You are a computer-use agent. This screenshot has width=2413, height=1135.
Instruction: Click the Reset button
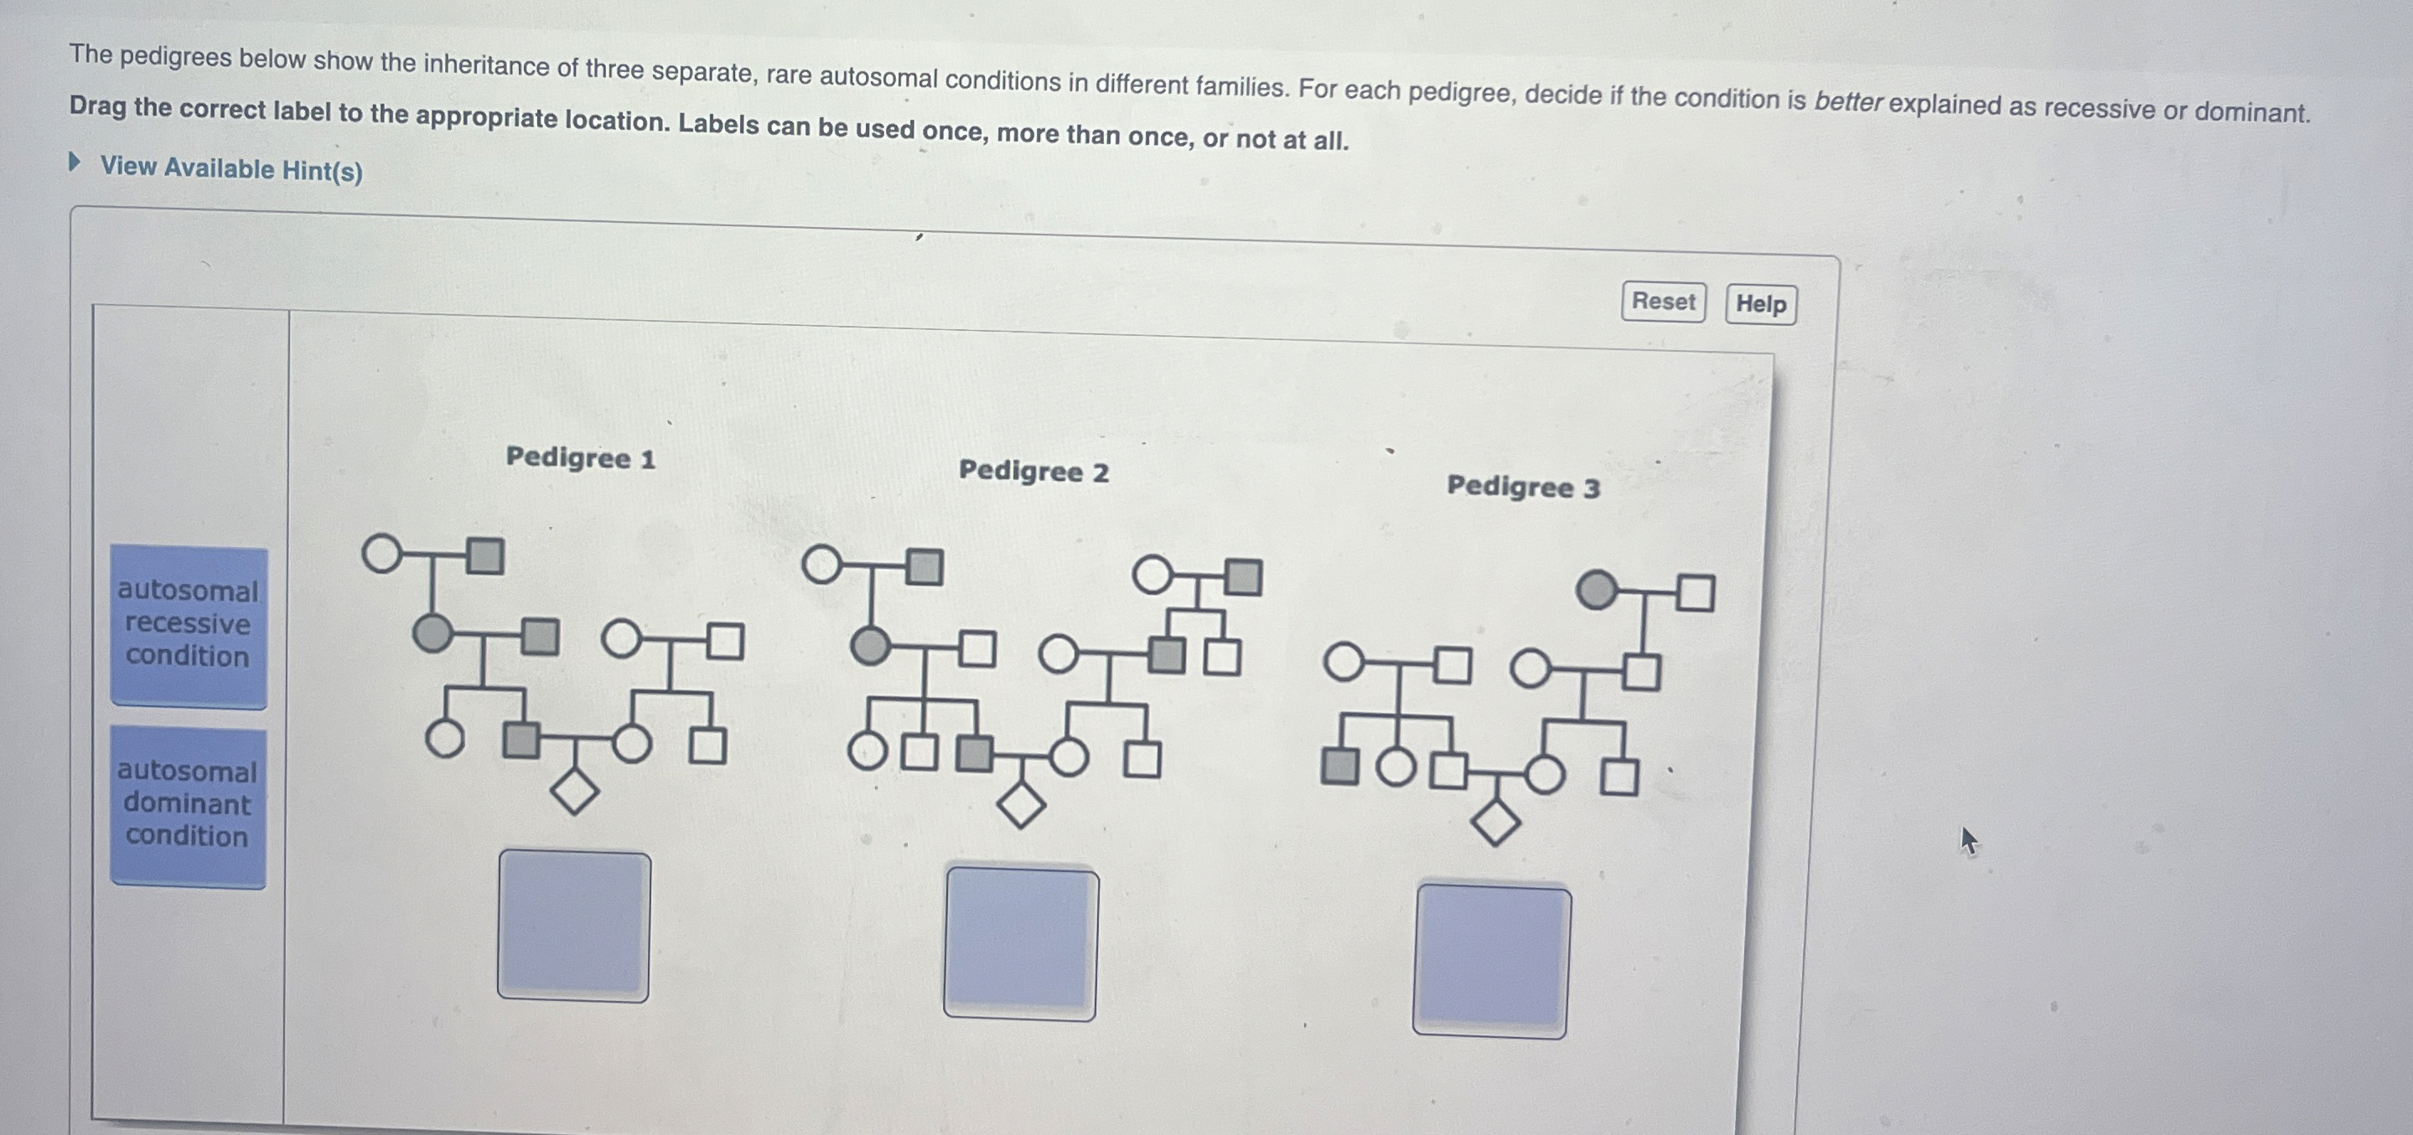click(x=1663, y=302)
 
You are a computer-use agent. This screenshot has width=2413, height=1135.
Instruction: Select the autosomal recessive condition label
click(x=189, y=625)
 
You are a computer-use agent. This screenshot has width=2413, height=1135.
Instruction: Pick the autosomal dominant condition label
click(x=189, y=804)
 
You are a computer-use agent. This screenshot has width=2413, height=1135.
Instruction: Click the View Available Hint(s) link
click(x=230, y=168)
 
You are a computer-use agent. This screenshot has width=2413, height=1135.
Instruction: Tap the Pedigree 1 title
click(x=580, y=458)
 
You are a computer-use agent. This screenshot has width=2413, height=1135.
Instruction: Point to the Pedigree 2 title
click(x=1033, y=471)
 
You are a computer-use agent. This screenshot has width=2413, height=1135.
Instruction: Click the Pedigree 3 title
click(x=1523, y=487)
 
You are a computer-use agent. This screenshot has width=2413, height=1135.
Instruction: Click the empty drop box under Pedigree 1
click(x=573, y=926)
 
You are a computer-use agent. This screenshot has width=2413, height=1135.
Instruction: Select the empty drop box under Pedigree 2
click(x=1020, y=942)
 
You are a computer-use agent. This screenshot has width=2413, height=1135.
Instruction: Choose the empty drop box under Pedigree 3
click(x=1491, y=961)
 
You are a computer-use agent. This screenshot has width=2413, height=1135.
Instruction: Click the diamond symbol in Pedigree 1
click(x=574, y=792)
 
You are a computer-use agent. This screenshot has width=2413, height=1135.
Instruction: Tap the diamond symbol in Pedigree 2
click(x=1020, y=804)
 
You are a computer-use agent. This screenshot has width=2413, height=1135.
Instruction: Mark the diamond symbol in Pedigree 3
click(x=1495, y=823)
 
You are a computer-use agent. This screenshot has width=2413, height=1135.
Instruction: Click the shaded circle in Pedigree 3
click(x=1596, y=590)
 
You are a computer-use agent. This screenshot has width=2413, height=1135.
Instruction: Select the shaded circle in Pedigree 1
click(x=432, y=634)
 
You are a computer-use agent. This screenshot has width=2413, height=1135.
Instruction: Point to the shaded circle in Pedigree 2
click(x=870, y=646)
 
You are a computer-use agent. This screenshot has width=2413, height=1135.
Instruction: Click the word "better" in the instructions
click(x=1847, y=102)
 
